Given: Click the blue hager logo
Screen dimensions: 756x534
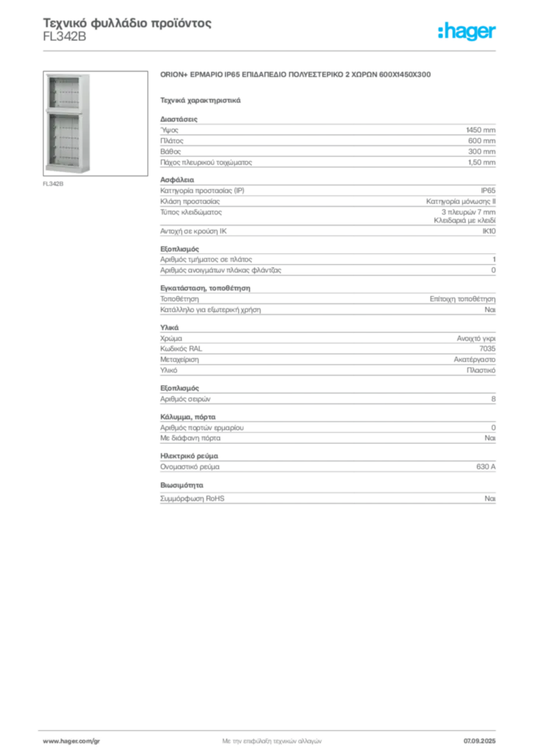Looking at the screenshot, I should tap(468, 32).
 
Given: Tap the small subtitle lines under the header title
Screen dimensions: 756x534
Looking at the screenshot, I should tap(65, 42).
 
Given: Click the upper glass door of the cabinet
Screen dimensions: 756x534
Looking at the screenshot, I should tap(65, 92).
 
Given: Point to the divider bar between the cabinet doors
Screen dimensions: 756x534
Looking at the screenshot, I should tap(65, 111).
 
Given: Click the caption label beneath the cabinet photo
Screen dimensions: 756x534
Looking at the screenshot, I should tap(53, 185).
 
